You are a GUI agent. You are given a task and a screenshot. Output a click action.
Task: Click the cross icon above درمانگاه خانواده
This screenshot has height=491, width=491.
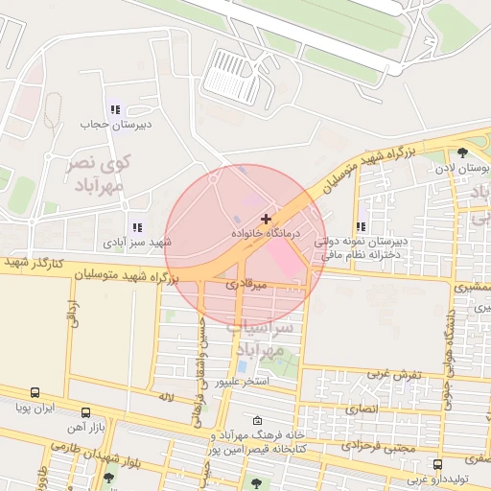click(x=266, y=219)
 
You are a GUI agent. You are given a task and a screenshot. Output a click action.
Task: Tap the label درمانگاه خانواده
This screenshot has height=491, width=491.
click(x=267, y=233)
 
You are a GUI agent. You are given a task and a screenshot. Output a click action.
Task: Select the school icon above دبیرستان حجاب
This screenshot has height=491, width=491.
click(x=115, y=110)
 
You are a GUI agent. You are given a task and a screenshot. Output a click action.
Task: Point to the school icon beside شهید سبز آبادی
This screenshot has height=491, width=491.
click(x=137, y=228)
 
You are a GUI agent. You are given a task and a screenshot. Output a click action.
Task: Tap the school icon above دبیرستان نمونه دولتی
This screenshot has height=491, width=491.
click(x=362, y=227)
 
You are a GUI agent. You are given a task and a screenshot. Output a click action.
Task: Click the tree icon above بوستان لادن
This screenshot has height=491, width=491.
click(x=463, y=152)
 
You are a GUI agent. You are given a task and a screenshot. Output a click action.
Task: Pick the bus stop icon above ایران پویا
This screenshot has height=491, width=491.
click(x=35, y=393)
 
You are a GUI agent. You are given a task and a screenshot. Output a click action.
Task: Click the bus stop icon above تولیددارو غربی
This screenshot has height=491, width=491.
click(x=437, y=464)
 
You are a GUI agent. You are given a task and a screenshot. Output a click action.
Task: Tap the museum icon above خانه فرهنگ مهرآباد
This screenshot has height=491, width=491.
click(x=256, y=420)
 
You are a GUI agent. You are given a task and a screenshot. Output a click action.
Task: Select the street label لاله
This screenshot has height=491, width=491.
click(x=166, y=396)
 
